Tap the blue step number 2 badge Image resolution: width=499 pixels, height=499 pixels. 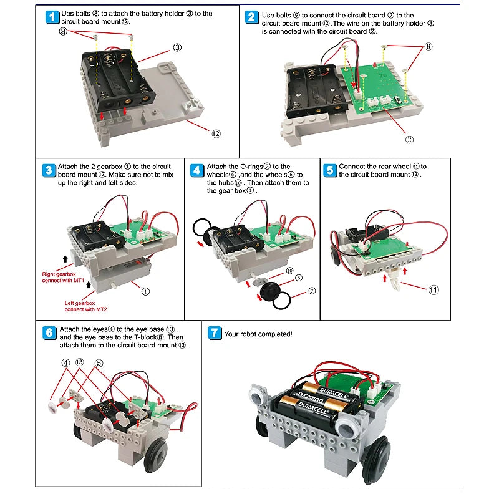[252, 17]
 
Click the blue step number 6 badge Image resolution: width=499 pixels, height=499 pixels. [49, 332]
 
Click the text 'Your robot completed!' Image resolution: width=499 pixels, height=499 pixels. [258, 334]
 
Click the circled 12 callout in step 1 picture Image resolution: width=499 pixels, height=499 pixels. [216, 133]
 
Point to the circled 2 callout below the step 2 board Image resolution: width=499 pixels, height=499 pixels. [409, 140]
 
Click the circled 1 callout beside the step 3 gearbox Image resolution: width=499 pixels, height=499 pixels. [145, 291]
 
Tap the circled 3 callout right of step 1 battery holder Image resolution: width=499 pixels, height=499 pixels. [177, 47]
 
